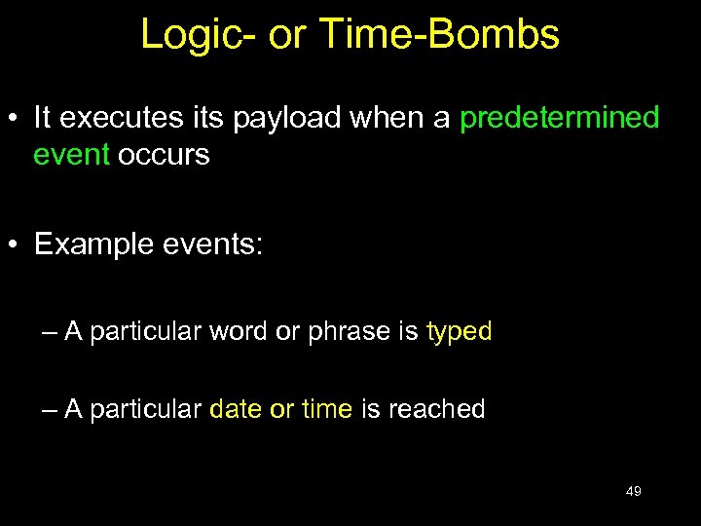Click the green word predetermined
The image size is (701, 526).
(559, 119)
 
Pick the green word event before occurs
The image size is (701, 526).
(71, 156)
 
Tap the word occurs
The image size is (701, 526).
(164, 156)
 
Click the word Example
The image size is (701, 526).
(91, 244)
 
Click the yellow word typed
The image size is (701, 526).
(459, 332)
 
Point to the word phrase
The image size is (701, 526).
(348, 332)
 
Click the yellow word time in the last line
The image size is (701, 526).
(326, 409)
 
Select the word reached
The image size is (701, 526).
(436, 409)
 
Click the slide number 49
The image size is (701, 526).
(633, 492)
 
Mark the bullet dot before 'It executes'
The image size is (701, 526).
(16, 120)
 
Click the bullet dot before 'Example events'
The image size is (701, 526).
(16, 245)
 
